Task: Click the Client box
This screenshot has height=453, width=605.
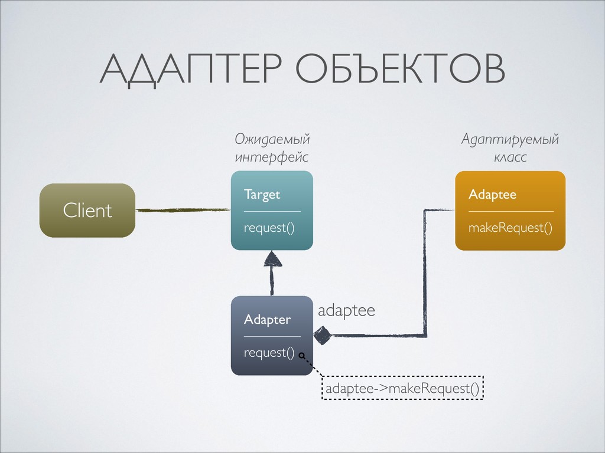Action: (87, 211)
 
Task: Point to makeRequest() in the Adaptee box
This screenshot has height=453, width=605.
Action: (510, 228)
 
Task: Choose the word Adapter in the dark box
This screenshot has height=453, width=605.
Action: (267, 320)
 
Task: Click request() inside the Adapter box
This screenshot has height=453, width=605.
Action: (269, 353)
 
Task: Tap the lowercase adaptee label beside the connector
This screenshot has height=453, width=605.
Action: (346, 310)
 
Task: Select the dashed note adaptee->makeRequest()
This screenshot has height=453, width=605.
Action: (402, 388)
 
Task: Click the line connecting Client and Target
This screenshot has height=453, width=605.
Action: (182, 209)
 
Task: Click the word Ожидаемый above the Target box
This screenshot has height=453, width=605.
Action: (272, 140)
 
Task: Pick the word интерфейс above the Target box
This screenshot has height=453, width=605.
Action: (271, 157)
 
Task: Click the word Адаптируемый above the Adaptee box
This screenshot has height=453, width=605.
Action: (509, 140)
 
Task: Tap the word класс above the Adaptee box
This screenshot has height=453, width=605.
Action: (509, 157)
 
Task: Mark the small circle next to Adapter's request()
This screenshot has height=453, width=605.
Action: (302, 356)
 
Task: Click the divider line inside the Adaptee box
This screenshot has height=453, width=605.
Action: (510, 211)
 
